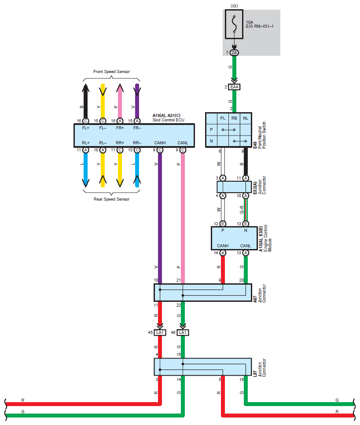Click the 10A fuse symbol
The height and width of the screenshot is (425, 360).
tap(234, 24)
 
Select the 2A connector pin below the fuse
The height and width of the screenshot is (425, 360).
tap(234, 53)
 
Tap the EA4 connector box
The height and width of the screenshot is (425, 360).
tap(234, 87)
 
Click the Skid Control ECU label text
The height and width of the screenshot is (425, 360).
tap(169, 120)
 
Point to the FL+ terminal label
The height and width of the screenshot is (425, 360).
tap(86, 128)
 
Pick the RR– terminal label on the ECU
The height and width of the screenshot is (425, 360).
tap(137, 143)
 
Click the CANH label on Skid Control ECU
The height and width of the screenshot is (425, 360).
tap(160, 143)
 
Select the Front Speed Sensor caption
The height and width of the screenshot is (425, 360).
tap(111, 72)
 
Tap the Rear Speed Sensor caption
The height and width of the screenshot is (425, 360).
tap(111, 199)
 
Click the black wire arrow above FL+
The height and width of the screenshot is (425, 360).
tap(86, 101)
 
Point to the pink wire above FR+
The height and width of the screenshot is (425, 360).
tap(120, 101)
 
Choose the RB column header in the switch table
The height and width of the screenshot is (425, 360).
tap(234, 118)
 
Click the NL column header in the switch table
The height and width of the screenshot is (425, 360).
tap(246, 118)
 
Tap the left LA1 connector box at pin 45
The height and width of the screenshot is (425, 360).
tap(160, 333)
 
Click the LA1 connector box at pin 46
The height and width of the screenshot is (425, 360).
tap(183, 333)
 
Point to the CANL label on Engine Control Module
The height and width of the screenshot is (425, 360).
tap(246, 246)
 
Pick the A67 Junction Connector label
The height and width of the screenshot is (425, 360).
tap(260, 293)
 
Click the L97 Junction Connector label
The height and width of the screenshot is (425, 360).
tap(260, 368)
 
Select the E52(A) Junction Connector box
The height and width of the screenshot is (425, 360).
tap(234, 187)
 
